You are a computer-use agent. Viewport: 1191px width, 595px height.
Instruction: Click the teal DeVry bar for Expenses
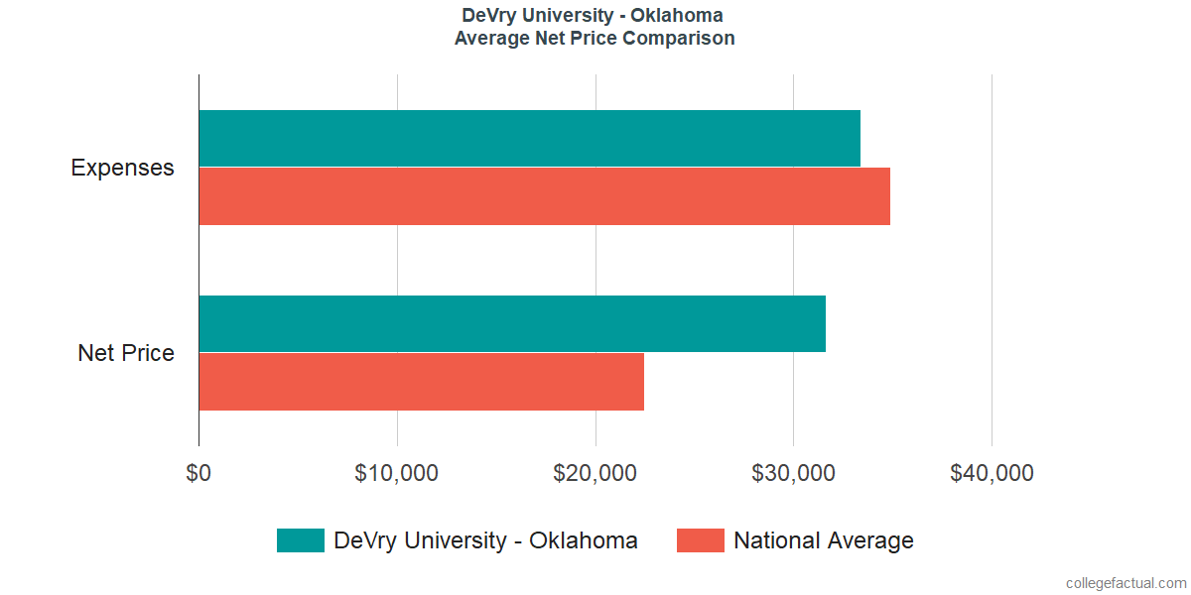(529, 138)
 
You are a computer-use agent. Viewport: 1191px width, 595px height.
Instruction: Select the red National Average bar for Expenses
(544, 196)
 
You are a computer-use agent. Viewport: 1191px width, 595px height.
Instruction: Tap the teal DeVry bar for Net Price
(512, 323)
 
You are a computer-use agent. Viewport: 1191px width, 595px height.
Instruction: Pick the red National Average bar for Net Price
(421, 382)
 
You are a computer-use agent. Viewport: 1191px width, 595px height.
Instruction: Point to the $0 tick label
(198, 474)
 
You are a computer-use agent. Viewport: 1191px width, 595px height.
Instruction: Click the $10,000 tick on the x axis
(397, 474)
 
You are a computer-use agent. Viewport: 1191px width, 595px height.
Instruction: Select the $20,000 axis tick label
(595, 474)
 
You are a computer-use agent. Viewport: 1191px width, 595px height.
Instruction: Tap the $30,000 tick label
(794, 474)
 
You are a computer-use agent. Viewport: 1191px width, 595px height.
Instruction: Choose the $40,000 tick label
(992, 474)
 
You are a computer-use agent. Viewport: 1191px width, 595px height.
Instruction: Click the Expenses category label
(122, 168)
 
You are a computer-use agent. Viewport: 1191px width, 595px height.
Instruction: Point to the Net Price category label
(126, 353)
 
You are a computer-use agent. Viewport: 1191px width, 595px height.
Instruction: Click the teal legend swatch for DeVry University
(301, 540)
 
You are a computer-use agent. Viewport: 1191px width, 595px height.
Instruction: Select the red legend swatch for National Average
(700, 540)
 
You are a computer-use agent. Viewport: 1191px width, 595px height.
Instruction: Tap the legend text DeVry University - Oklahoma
(485, 540)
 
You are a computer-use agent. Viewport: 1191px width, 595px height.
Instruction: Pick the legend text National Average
(823, 540)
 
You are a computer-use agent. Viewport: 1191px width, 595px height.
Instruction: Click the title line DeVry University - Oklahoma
(593, 16)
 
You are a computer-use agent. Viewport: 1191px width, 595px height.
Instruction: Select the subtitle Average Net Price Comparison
(595, 39)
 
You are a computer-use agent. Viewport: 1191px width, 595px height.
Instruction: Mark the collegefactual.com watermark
(1125, 583)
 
